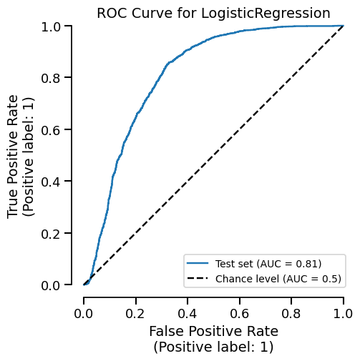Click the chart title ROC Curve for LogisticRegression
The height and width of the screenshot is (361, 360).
click(x=213, y=13)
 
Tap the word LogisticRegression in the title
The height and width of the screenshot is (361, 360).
click(x=265, y=13)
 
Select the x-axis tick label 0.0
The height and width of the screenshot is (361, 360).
click(x=84, y=313)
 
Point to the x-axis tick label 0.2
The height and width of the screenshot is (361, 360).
click(x=136, y=313)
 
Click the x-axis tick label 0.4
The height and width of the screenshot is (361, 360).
click(x=188, y=313)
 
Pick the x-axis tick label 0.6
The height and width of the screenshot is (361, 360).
click(x=240, y=313)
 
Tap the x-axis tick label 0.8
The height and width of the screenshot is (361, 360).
click(x=291, y=313)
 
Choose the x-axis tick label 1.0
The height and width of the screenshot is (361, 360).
click(x=344, y=313)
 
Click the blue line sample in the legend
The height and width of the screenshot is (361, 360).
click(x=198, y=263)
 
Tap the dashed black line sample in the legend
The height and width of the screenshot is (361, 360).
click(x=198, y=278)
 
